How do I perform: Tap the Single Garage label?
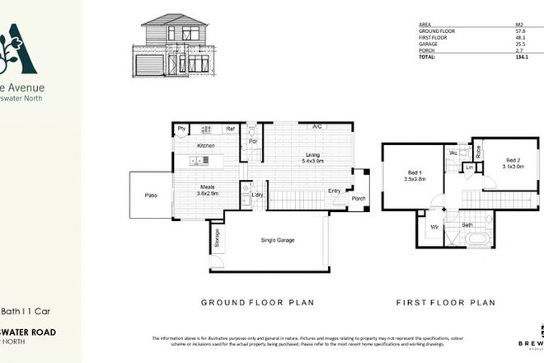click(277, 240)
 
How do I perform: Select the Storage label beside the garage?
click(217, 238)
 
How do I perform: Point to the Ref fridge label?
click(231, 129)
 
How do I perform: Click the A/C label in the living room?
click(316, 126)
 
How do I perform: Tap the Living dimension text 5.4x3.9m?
click(312, 160)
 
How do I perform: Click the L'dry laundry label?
click(257, 195)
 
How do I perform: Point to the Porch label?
click(359, 198)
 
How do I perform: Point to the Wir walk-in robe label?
click(434, 225)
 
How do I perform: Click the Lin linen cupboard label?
click(468, 168)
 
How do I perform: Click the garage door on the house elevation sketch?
click(149, 65)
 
